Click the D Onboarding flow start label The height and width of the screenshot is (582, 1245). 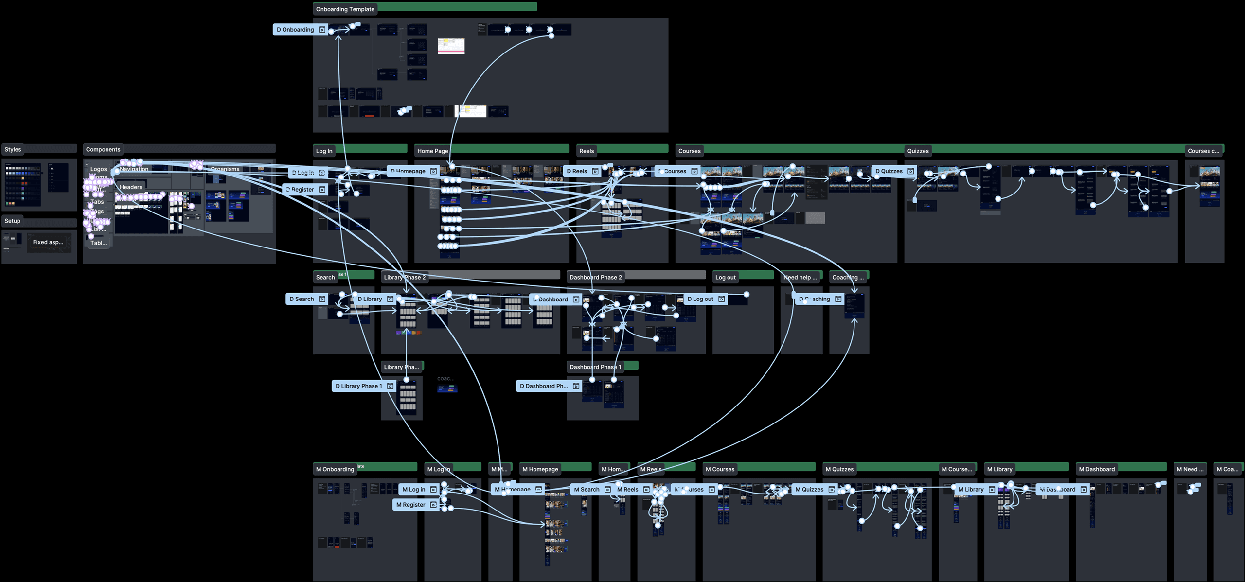click(x=296, y=30)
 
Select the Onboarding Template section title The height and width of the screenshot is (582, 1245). click(x=345, y=9)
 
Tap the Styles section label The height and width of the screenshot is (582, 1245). click(x=13, y=149)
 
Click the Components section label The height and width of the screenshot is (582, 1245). click(x=103, y=149)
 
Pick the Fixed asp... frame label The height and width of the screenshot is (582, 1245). click(x=48, y=242)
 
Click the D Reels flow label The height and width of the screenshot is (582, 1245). click(x=577, y=171)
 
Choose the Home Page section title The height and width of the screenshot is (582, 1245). click(x=432, y=151)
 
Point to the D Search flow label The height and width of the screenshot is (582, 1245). click(x=302, y=299)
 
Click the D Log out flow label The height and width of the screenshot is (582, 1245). click(x=700, y=299)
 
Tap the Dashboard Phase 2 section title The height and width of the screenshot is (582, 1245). click(x=595, y=277)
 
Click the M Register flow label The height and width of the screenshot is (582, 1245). click(x=410, y=505)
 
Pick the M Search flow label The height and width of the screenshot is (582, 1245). click(x=587, y=490)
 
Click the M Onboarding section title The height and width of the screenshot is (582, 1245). click(x=335, y=469)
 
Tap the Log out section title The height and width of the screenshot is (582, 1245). click(x=725, y=277)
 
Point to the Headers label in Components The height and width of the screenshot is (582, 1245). click(x=131, y=187)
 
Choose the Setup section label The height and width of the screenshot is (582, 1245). click(x=13, y=221)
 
